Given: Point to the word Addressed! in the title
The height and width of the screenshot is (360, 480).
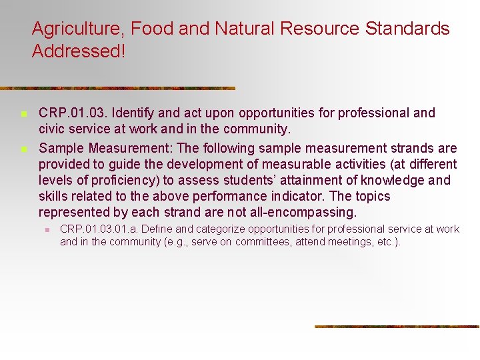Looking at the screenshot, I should (78, 51).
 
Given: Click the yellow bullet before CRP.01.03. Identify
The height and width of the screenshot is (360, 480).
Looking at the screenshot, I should (23, 114).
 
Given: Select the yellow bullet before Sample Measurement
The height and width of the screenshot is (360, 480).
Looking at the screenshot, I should (23, 149).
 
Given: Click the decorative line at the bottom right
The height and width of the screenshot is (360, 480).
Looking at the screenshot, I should (397, 326).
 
